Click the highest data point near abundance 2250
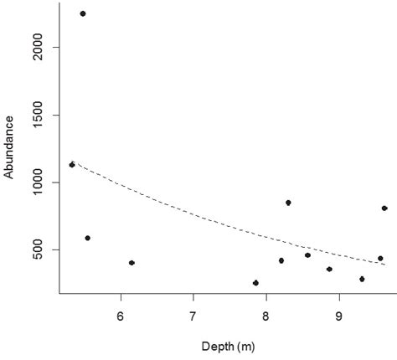pos(82,13)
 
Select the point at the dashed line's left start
pos(72,165)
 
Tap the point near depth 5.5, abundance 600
pos(87,238)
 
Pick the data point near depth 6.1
pos(131,263)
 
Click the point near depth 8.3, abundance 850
pos(288,203)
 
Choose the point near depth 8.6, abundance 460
pos(307,255)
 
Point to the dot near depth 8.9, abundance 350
pos(329,269)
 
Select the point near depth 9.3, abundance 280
pos(362,279)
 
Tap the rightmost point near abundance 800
pos(384,208)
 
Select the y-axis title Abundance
pos(9,147)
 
